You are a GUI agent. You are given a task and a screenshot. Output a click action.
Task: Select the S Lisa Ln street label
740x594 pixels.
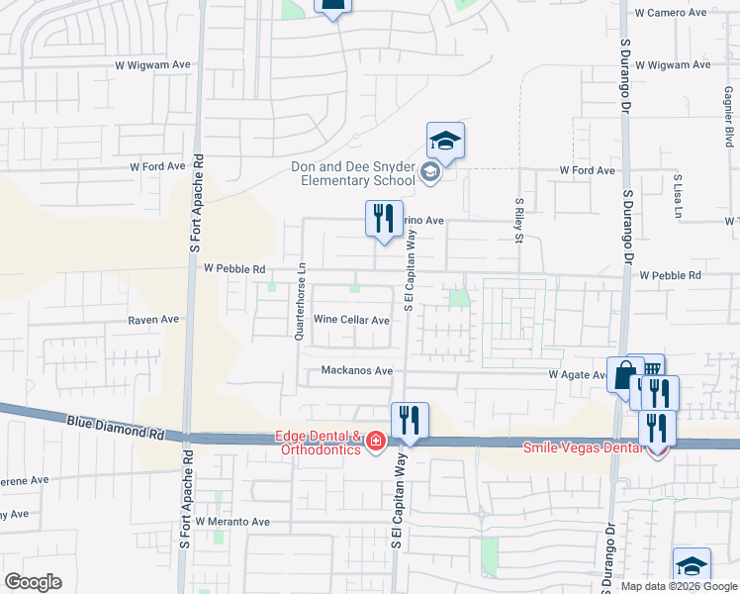tap(678, 191)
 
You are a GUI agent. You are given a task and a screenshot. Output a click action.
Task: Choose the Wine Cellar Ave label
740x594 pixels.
tap(351, 320)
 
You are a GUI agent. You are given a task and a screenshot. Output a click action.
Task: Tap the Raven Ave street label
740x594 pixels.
tap(153, 320)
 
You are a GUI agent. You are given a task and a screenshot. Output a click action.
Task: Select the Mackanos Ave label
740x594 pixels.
tap(356, 371)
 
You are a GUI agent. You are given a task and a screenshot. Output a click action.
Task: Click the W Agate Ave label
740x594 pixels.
tap(579, 375)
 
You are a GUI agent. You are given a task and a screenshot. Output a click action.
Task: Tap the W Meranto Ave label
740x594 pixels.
tap(232, 521)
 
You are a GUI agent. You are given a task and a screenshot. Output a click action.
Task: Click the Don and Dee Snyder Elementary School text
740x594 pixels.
tap(353, 174)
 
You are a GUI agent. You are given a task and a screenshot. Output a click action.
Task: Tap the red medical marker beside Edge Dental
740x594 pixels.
tap(375, 441)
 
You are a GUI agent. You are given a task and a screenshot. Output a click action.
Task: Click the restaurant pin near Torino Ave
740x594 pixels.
tap(383, 220)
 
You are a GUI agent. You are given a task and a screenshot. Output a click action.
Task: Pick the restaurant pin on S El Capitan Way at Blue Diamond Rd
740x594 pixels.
tap(409, 421)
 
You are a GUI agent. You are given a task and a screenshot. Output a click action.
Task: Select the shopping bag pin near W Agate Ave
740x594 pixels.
tap(624, 375)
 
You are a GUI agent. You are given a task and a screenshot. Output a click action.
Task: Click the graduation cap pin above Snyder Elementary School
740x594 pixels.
tap(445, 141)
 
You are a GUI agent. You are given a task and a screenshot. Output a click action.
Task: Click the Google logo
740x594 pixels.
tap(33, 582)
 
